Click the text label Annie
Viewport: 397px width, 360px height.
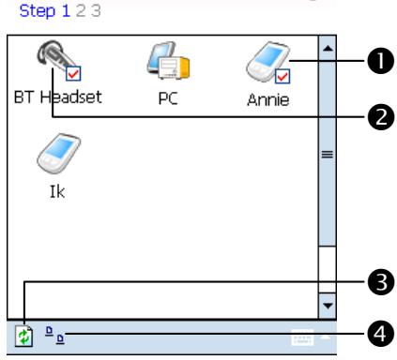[267, 99]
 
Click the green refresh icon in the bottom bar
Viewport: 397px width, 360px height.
[23, 334]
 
